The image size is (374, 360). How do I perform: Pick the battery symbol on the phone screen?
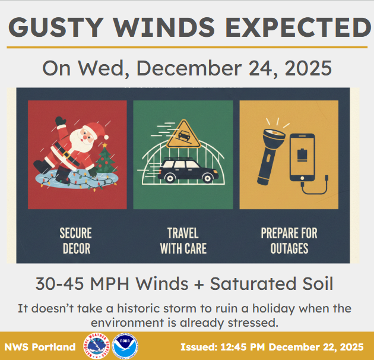(x=302, y=154)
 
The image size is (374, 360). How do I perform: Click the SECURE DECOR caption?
(x=77, y=239)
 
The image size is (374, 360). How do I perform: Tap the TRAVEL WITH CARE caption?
(x=183, y=239)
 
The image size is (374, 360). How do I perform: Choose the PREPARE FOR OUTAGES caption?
(x=289, y=239)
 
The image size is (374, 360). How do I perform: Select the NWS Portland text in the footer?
(x=40, y=347)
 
